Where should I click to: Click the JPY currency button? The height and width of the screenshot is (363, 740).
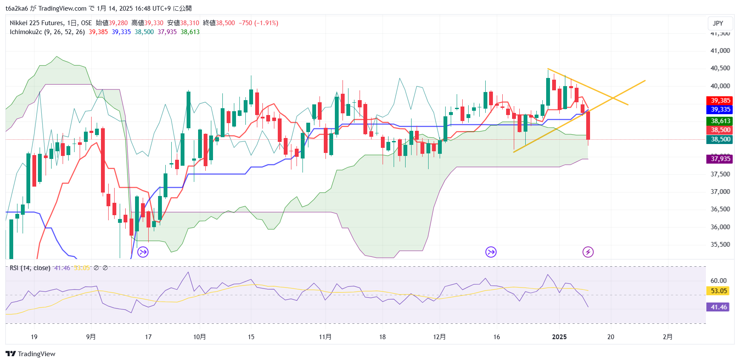[718, 23]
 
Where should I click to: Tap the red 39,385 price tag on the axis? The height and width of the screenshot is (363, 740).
[720, 101]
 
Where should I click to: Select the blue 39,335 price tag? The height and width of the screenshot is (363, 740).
[720, 109]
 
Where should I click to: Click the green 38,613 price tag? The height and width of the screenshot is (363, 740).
[720, 121]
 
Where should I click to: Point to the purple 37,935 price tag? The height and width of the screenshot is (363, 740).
[720, 159]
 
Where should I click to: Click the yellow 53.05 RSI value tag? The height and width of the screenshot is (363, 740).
[718, 291]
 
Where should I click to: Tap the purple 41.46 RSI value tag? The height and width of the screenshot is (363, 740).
[718, 307]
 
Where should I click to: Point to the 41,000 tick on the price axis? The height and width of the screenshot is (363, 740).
[720, 51]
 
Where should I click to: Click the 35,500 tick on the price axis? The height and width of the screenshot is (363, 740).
[720, 245]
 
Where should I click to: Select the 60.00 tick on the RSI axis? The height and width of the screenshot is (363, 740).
[718, 280]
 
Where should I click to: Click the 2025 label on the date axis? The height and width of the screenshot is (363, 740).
[559, 337]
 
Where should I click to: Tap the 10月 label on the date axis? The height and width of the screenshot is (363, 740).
[199, 337]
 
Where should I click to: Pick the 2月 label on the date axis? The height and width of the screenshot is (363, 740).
[668, 337]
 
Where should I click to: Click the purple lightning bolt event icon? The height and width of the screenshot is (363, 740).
[588, 252]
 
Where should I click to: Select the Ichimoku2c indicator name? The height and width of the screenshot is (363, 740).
[26, 32]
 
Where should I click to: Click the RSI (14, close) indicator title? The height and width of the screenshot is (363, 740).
[30, 268]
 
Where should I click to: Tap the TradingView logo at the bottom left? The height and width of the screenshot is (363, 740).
[30, 354]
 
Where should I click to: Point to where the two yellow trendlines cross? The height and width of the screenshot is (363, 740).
[613, 98]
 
